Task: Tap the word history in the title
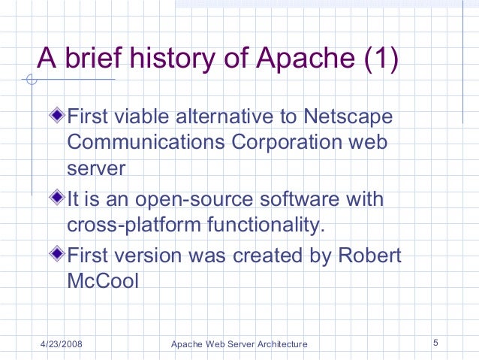[x=170, y=58]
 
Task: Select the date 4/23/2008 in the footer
[x=62, y=344]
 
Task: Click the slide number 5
[x=435, y=343]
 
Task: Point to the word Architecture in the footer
[x=279, y=344]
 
